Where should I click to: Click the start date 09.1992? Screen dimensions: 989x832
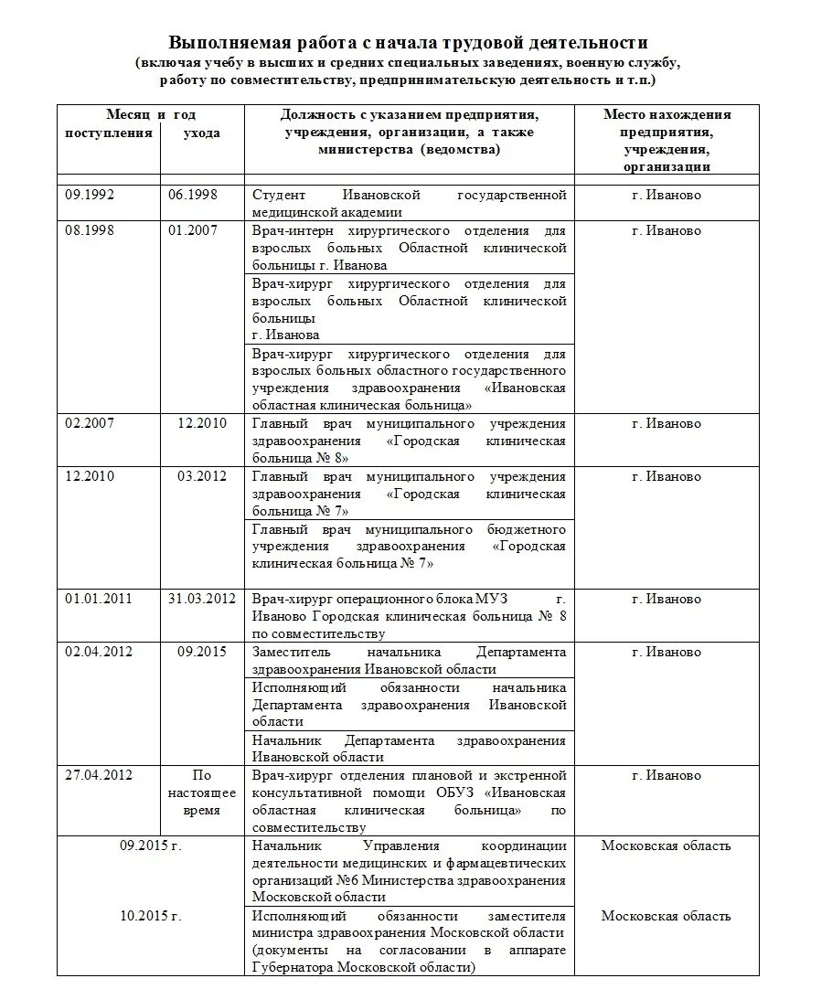click(x=90, y=195)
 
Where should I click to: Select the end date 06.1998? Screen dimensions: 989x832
click(x=193, y=195)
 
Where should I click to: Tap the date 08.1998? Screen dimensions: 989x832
click(x=90, y=230)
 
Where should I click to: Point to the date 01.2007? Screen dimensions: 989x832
click(x=193, y=230)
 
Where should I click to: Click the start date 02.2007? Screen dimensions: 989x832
click(x=90, y=424)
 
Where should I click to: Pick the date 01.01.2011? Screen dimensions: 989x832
click(x=99, y=600)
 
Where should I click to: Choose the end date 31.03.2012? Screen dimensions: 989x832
click(x=202, y=600)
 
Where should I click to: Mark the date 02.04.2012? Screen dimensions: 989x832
click(x=99, y=653)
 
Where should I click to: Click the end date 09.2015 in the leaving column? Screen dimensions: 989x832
click(x=202, y=653)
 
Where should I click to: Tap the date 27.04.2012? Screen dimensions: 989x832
click(x=99, y=776)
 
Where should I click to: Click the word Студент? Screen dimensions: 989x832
click(x=280, y=196)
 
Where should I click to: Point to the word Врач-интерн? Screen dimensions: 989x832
click(x=291, y=231)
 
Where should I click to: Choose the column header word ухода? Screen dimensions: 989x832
click(x=201, y=133)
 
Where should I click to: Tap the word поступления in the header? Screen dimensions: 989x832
click(x=108, y=133)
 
